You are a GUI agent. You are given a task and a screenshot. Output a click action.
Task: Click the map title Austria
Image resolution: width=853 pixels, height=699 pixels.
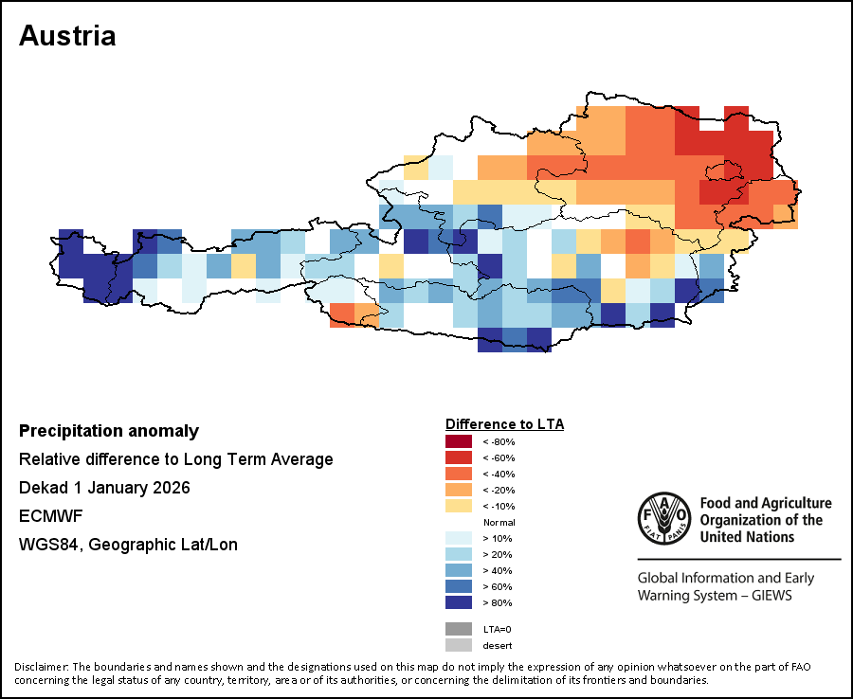point(67,36)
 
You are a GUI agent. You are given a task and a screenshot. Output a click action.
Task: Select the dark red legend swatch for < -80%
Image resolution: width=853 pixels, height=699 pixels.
point(459,441)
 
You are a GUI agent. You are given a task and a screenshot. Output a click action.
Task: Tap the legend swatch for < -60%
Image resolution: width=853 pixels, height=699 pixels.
point(459,457)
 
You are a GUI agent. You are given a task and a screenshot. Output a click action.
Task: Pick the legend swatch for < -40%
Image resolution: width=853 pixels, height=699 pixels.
point(459,474)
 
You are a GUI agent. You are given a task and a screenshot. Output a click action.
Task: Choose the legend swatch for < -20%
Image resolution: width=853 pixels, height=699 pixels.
point(459,490)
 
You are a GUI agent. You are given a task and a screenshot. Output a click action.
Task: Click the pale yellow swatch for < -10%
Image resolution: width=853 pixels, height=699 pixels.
point(459,506)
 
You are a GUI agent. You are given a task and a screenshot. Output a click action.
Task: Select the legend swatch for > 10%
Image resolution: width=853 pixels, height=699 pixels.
point(459,538)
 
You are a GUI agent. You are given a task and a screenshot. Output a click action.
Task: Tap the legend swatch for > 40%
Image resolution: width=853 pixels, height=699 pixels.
point(459,570)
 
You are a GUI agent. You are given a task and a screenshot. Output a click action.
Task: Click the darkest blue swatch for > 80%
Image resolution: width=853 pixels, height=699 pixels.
point(459,602)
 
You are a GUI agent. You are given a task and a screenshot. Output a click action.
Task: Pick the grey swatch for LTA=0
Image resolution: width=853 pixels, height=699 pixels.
point(459,628)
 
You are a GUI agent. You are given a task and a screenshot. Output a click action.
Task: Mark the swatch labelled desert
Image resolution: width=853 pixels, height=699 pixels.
point(459,645)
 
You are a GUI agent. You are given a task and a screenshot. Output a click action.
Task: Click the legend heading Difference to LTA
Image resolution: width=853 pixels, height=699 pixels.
point(504,423)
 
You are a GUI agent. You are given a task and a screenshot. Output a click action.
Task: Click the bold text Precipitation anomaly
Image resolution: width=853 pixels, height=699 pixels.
point(109,431)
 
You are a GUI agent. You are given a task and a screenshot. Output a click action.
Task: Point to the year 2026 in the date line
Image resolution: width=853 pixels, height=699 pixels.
point(171,488)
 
